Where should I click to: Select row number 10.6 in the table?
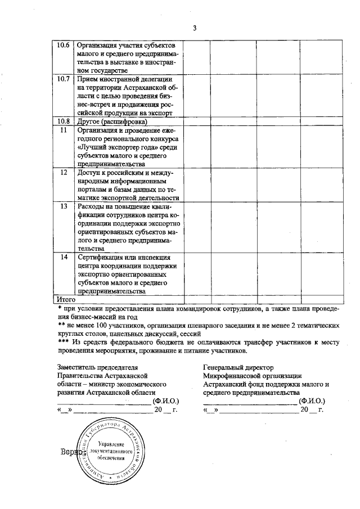pyautogui.click(x=65, y=45)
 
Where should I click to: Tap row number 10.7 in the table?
pyautogui.click(x=65, y=79)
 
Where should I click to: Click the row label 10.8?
pyautogui.click(x=65, y=121)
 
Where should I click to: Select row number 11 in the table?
pyautogui.click(x=65, y=130)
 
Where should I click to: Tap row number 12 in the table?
pyautogui.click(x=65, y=172)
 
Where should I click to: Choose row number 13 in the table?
pyautogui.click(x=65, y=206)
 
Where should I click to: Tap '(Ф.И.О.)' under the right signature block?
pyautogui.click(x=312, y=401)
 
